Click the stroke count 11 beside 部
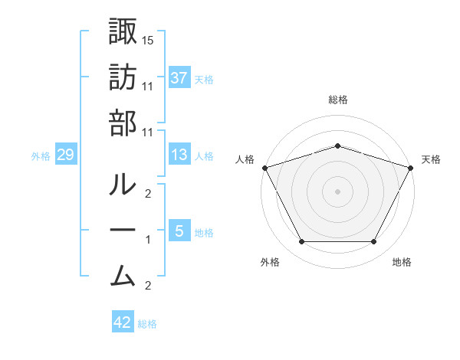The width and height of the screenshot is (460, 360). pos(149,131)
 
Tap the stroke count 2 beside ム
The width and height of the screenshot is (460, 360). pos(148,286)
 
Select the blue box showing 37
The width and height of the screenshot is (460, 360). pos(179,77)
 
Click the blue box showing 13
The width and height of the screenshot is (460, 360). pos(179,155)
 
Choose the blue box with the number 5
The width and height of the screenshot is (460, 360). pos(179,231)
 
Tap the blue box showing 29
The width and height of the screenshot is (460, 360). pos(66,155)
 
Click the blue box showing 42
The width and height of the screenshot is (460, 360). pos(123,322)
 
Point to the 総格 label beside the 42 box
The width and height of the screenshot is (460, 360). pos(147,324)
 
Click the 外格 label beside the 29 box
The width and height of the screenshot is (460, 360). pos(41,156)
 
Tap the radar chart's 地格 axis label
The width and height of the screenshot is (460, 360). pos(402,262)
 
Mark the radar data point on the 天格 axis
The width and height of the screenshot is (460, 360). pos(411,167)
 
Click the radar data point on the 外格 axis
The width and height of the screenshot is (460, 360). pos(301,242)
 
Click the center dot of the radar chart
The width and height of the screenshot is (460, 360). pos(337,191)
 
